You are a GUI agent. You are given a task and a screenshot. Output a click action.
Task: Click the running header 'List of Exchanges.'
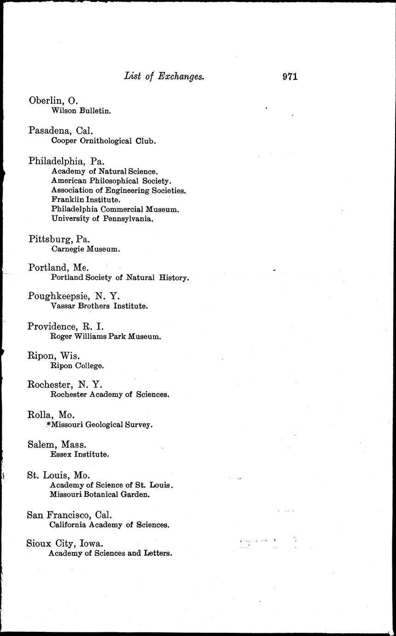pos(164,77)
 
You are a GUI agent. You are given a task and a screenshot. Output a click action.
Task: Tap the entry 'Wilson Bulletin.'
pos(81,111)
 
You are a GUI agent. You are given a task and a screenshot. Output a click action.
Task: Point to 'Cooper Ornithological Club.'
pos(103,141)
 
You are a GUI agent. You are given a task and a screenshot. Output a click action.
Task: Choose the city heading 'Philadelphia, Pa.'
pos(66,161)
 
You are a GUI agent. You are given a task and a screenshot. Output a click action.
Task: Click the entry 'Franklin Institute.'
pos(86,200)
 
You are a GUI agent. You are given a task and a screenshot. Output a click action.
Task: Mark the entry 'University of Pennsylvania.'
pos(102,219)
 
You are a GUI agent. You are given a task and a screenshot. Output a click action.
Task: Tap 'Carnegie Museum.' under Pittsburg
pos(86,249)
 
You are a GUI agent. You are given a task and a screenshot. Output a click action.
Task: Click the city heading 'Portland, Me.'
pos(58,268)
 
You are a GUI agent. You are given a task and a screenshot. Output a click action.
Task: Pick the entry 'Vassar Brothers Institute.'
pos(99,306)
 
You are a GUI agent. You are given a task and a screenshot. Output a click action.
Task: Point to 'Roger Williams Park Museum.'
pos(105,336)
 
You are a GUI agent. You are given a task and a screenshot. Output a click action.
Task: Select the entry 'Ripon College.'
pos(77,366)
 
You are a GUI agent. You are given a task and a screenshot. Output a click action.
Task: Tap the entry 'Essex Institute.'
pos(79,454)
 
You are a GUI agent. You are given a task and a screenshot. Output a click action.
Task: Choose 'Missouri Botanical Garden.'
pos(99,495)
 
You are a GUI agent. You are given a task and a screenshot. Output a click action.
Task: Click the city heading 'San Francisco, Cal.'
pos(70,515)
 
